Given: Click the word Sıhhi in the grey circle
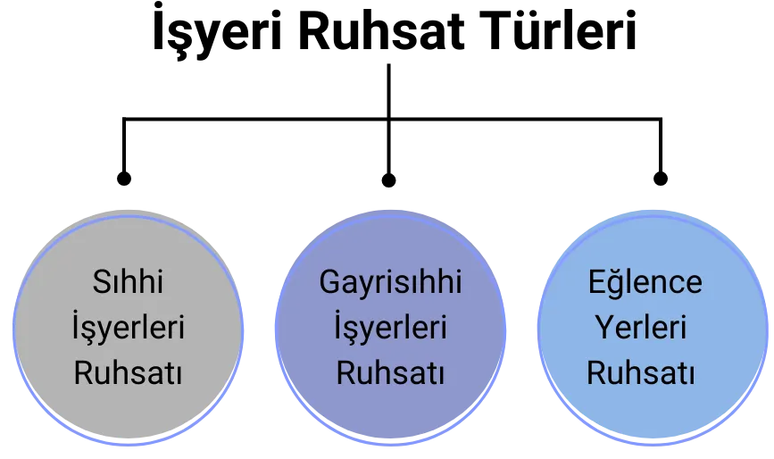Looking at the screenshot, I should pos(128,283).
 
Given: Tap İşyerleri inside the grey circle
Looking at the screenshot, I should pos(128,328).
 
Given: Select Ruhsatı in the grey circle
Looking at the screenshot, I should pos(128,372).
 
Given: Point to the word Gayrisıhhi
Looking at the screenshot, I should pos(390,283).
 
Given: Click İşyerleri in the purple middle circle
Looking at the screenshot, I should pos(390,328).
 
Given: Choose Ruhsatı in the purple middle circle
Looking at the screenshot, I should pos(390,372).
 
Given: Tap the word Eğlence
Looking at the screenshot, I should pos(645,283).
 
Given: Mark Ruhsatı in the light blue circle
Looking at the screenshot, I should pos(640,372).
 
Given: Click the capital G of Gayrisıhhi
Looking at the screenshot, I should pos(329,282).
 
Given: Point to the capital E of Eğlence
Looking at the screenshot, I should pos(596,282).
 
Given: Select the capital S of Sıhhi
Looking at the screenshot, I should pos(101,282).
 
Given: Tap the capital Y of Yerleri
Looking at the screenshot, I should pos(603,327).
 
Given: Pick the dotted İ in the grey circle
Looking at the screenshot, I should pos(76,326).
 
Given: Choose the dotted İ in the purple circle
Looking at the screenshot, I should pos(338,326).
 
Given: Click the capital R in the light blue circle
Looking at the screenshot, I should pos(595,371).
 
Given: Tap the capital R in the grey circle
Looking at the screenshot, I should pos(83,371).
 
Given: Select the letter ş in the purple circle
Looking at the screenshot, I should pos(352,330).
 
